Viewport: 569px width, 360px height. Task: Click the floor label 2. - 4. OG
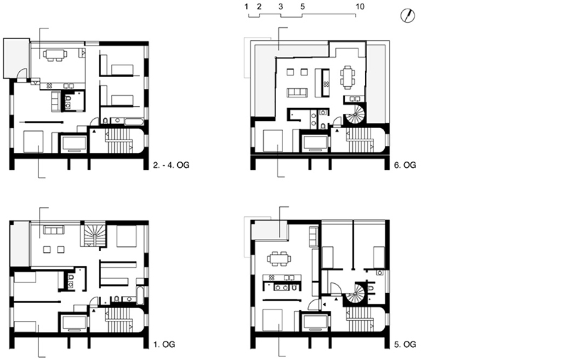coord(171,165)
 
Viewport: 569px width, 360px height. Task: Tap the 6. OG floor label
coord(405,165)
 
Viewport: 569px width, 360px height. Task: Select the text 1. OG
coord(164,344)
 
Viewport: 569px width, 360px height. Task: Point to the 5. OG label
coord(405,344)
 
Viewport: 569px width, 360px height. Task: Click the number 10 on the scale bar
coord(360,6)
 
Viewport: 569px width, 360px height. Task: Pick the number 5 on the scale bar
coord(302,6)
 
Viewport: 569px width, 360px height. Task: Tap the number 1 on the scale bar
coord(246,6)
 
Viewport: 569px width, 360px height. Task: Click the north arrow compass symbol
coord(408,16)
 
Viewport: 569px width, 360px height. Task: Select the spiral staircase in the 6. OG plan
coord(354,114)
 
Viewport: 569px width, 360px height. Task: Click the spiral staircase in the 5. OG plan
coord(354,293)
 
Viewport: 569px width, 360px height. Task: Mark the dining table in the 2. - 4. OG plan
coord(55,55)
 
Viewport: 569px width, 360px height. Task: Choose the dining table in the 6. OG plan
coord(347,78)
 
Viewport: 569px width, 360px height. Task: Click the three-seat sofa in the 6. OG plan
coord(297,92)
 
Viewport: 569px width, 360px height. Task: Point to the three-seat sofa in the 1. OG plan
coord(54,230)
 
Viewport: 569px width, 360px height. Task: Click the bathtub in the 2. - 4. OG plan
coord(134,121)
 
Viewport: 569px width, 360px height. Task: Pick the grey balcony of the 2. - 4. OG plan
coord(16,58)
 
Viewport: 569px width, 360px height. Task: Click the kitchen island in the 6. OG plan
coord(326,83)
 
